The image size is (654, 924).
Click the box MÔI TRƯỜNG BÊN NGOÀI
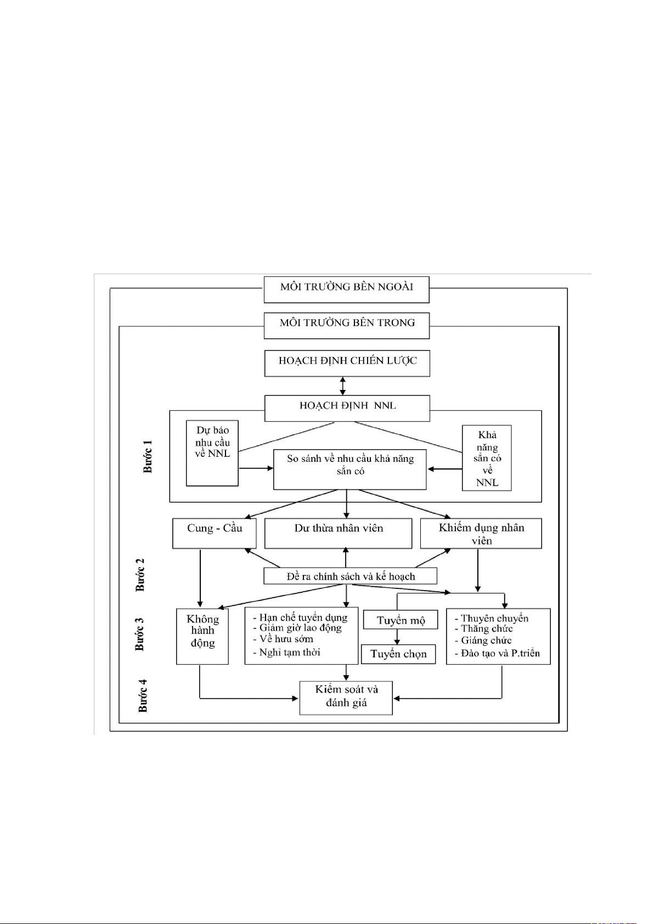[346, 289]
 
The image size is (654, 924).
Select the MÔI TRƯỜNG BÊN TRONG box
[347, 325]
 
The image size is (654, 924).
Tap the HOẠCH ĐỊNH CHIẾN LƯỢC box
[347, 363]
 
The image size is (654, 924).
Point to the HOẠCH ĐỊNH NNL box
[347, 408]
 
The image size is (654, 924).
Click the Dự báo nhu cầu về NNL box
[212, 453]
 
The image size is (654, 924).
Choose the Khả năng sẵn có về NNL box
[487, 458]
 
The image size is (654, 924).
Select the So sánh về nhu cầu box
[350, 469]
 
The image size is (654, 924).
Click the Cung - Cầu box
[215, 533]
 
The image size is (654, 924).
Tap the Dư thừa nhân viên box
[338, 533]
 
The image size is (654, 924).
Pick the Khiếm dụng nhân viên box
[481, 533]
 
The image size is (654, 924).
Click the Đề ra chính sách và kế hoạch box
[350, 576]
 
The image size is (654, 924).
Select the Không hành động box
[202, 636]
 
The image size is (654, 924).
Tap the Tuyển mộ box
[401, 620]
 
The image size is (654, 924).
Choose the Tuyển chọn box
[398, 654]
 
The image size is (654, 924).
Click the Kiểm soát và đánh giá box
[346, 698]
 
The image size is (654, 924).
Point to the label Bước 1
[148, 456]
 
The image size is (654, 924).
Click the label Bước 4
[143, 695]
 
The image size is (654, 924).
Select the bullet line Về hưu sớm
[286, 639]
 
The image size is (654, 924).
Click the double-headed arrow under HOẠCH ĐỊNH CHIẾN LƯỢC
[343, 386]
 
